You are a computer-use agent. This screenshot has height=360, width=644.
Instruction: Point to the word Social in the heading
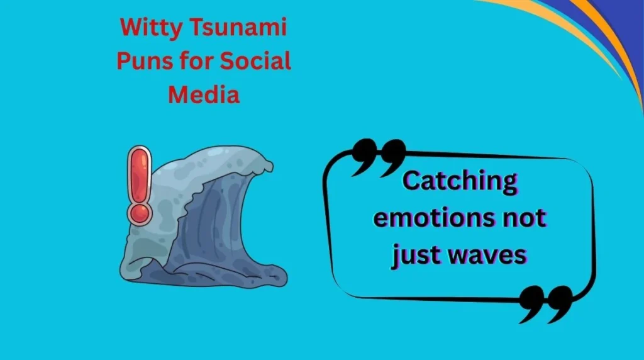tap(257, 62)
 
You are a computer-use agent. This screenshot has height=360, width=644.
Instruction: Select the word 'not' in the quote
tap(521, 218)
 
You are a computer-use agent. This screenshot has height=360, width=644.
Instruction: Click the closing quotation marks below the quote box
tap(545, 304)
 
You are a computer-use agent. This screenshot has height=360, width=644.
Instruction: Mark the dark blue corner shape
tap(623, 25)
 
